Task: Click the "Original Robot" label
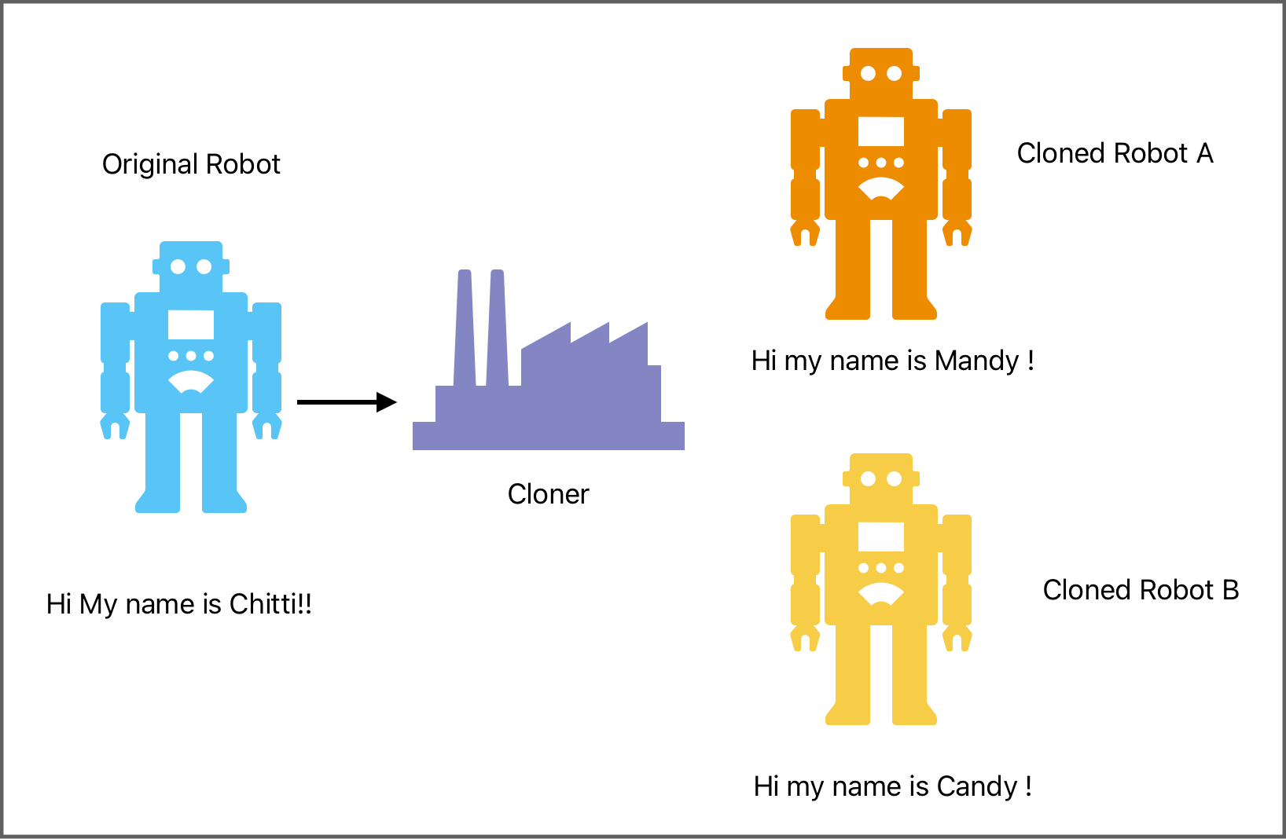click(191, 164)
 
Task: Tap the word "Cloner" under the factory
click(548, 494)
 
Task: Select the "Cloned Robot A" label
click(1115, 153)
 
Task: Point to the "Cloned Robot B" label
click(1141, 590)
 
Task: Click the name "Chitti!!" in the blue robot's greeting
click(270, 604)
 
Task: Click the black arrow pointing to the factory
click(347, 402)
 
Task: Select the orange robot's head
click(881, 73)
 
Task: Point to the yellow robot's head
click(881, 478)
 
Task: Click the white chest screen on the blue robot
click(191, 324)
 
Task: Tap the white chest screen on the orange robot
click(881, 131)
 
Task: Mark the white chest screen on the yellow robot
click(881, 537)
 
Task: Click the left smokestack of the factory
click(465, 330)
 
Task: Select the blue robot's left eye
click(178, 266)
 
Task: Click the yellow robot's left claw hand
click(805, 638)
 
